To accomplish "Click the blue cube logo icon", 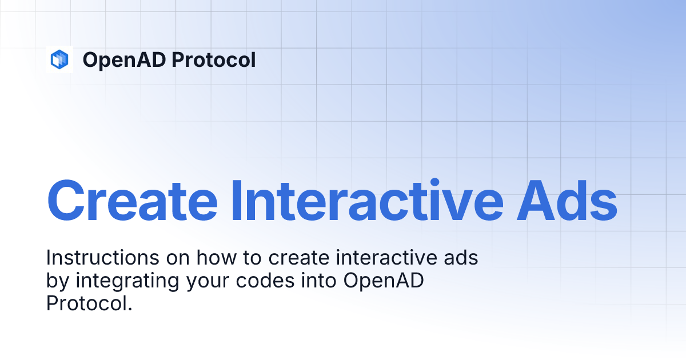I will click(59, 59).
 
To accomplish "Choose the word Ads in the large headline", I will click(572, 201).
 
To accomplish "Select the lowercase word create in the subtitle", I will click(297, 258).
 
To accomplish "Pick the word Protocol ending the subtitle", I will click(89, 303).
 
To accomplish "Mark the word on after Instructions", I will click(178, 258).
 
